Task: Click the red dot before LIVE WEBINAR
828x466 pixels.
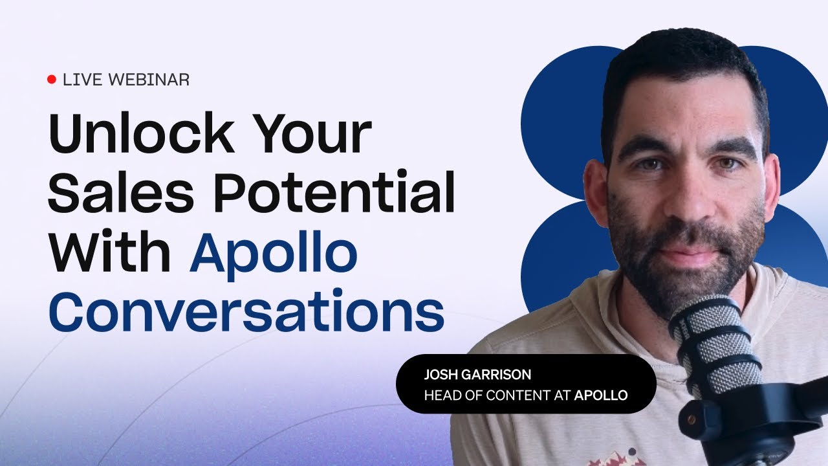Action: tap(52, 80)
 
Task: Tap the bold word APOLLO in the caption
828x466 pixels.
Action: tap(601, 394)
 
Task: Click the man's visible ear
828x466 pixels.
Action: tap(595, 194)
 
